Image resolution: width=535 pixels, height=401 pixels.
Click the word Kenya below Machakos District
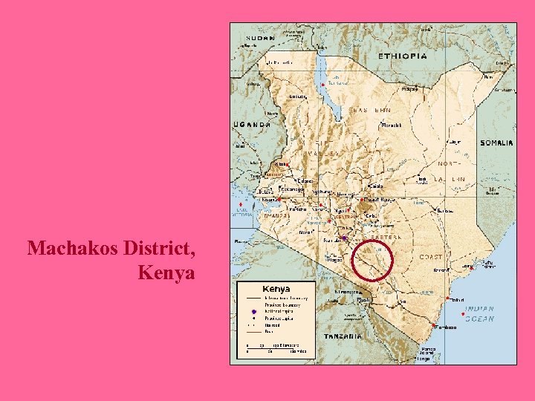(x=166, y=273)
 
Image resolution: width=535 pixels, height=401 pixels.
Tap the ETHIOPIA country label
(x=403, y=56)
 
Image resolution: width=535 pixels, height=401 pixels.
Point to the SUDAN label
(x=262, y=37)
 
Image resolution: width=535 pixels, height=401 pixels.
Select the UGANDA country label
(x=252, y=125)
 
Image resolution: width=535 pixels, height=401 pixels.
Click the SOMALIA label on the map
(x=496, y=143)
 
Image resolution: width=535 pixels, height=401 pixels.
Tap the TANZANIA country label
(x=343, y=336)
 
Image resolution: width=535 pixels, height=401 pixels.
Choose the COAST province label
(x=432, y=256)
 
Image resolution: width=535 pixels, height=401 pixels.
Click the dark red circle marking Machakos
(x=372, y=261)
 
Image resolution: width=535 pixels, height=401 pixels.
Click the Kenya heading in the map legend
(x=276, y=289)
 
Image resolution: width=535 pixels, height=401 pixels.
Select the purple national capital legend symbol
(x=253, y=311)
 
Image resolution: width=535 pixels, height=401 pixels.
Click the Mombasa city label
(x=446, y=327)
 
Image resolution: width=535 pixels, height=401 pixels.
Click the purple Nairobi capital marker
(x=343, y=238)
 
